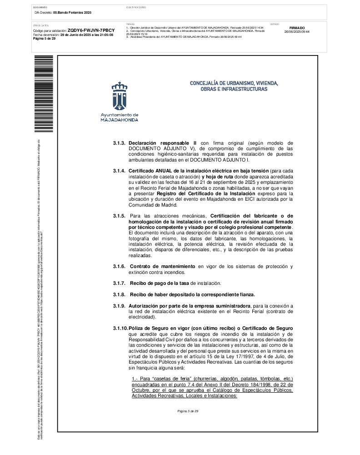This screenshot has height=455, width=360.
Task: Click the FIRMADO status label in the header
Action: [297, 28]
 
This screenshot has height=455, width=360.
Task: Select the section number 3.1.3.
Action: [119, 143]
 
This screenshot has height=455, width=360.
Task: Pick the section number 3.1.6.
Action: [119, 266]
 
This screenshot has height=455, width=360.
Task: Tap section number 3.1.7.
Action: [119, 283]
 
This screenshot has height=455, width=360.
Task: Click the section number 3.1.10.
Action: [120, 328]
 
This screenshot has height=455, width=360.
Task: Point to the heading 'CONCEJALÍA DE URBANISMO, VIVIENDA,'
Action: [234, 83]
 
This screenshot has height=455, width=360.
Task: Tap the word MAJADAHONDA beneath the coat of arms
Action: [120, 120]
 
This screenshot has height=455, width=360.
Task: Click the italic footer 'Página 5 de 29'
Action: [188, 411]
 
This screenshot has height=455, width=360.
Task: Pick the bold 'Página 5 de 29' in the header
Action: [45, 39]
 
